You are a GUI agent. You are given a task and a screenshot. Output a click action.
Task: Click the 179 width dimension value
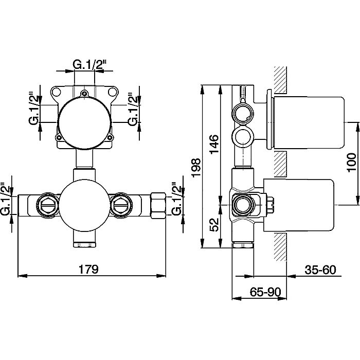click(88, 269)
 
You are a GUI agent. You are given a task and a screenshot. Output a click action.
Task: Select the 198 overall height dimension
click(196, 168)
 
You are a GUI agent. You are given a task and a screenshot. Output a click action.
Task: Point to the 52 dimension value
click(214, 225)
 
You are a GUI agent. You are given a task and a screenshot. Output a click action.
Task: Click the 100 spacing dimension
click(351, 163)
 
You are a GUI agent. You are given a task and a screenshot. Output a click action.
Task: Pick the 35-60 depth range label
click(320, 270)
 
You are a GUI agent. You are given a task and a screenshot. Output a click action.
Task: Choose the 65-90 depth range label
click(265, 292)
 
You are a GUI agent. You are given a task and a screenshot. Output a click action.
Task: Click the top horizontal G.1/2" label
click(89, 64)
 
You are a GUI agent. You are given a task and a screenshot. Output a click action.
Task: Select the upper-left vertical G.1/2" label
click(34, 109)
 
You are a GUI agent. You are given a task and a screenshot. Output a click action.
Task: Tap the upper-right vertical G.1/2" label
click(133, 109)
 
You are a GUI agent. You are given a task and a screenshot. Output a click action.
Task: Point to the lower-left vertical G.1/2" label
click(5, 199)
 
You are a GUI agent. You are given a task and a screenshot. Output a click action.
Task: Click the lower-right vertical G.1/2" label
click(176, 199)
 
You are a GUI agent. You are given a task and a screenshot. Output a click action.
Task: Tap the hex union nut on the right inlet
click(158, 205)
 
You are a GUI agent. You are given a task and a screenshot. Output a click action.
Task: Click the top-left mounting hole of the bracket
click(56, 92)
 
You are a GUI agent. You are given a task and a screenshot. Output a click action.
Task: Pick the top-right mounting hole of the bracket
click(112, 92)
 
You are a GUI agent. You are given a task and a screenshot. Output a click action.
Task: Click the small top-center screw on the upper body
click(85, 94)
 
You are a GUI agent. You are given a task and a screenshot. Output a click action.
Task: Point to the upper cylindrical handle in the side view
click(308, 123)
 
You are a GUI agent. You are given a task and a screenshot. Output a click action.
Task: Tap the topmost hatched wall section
click(281, 80)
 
